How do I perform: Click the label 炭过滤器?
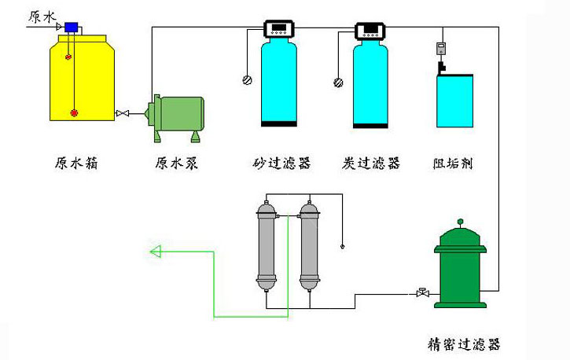tap(372, 163)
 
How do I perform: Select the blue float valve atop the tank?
tap(72, 28)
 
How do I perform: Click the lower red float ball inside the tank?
tap(75, 112)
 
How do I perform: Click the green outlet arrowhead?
tap(155, 252)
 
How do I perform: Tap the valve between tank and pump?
tap(123, 115)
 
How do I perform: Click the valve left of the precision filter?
tap(422, 293)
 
